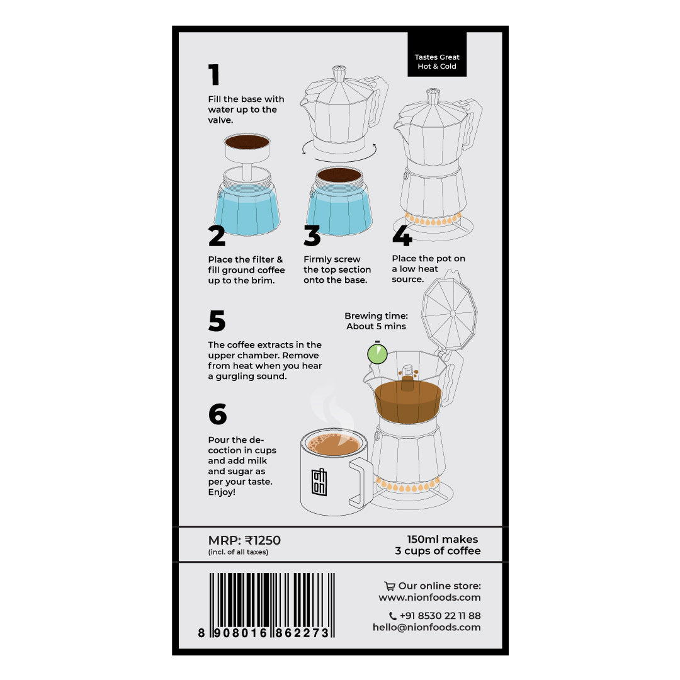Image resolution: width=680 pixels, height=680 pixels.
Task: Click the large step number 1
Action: [x=214, y=74]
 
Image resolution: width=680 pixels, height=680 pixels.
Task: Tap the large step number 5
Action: [x=217, y=320]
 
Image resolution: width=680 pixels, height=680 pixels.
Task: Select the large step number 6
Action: [x=218, y=414]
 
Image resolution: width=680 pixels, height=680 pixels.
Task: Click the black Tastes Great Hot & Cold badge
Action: [x=437, y=54]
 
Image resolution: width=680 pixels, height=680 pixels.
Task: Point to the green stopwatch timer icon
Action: [x=377, y=353]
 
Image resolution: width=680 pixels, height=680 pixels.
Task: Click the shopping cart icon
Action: [x=390, y=586]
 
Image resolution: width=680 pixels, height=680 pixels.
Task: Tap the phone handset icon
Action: [x=392, y=616]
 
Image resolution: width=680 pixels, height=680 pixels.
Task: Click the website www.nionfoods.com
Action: [x=429, y=598]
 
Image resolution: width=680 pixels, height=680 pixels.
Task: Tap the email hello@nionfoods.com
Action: [x=427, y=627]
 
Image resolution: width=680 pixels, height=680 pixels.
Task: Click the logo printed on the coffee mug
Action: [x=319, y=482]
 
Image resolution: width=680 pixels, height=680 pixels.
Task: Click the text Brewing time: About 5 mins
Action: [x=376, y=321]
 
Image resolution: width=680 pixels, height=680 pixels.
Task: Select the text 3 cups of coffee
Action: [x=438, y=551]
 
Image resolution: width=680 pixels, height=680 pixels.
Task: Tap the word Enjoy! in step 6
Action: [x=222, y=492]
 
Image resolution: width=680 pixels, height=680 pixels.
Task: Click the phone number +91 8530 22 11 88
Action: [x=440, y=616]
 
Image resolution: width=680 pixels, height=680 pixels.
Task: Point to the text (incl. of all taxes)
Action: [x=238, y=552]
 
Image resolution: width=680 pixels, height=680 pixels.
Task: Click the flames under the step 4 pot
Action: [x=433, y=220]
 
